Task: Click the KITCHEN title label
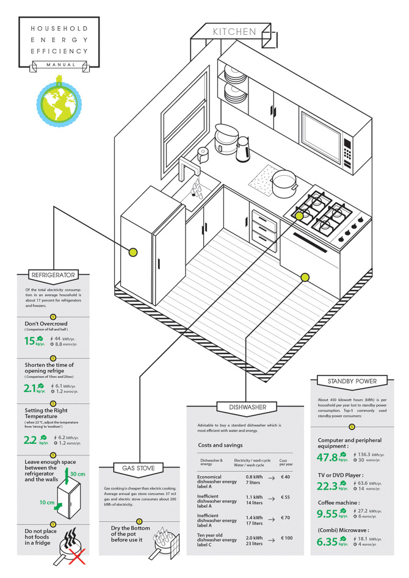[x=235, y=32]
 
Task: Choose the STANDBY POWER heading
[x=352, y=381]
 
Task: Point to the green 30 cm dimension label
[x=78, y=474]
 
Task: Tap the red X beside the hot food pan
[x=73, y=557]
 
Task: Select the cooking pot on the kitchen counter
[x=284, y=181]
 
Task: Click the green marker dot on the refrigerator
[x=133, y=251]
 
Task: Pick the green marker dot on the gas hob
[x=300, y=215]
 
